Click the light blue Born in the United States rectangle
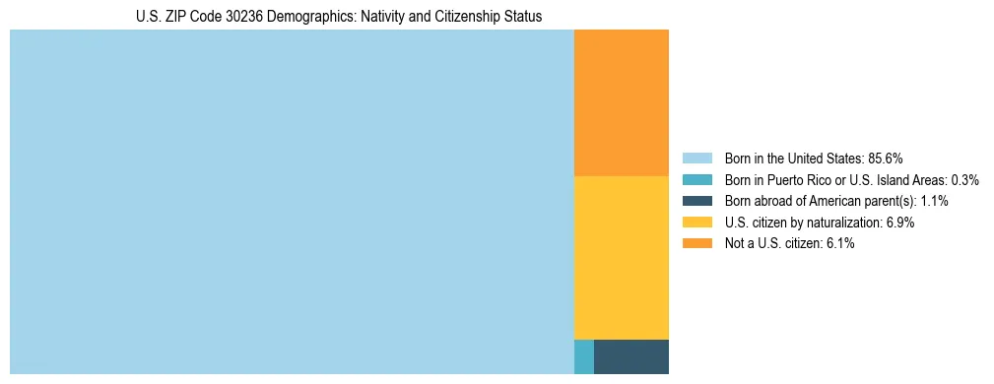(x=292, y=202)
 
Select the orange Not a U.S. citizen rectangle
(x=621, y=102)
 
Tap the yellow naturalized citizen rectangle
(x=621, y=257)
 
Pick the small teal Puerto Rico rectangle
(x=583, y=356)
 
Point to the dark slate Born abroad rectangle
(x=630, y=356)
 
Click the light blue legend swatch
(x=696, y=159)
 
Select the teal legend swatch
(x=696, y=180)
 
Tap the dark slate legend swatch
(x=696, y=201)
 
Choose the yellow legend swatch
(x=696, y=223)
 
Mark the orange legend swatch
(x=696, y=244)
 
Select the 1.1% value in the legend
(x=934, y=201)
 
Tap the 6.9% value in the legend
(x=900, y=223)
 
